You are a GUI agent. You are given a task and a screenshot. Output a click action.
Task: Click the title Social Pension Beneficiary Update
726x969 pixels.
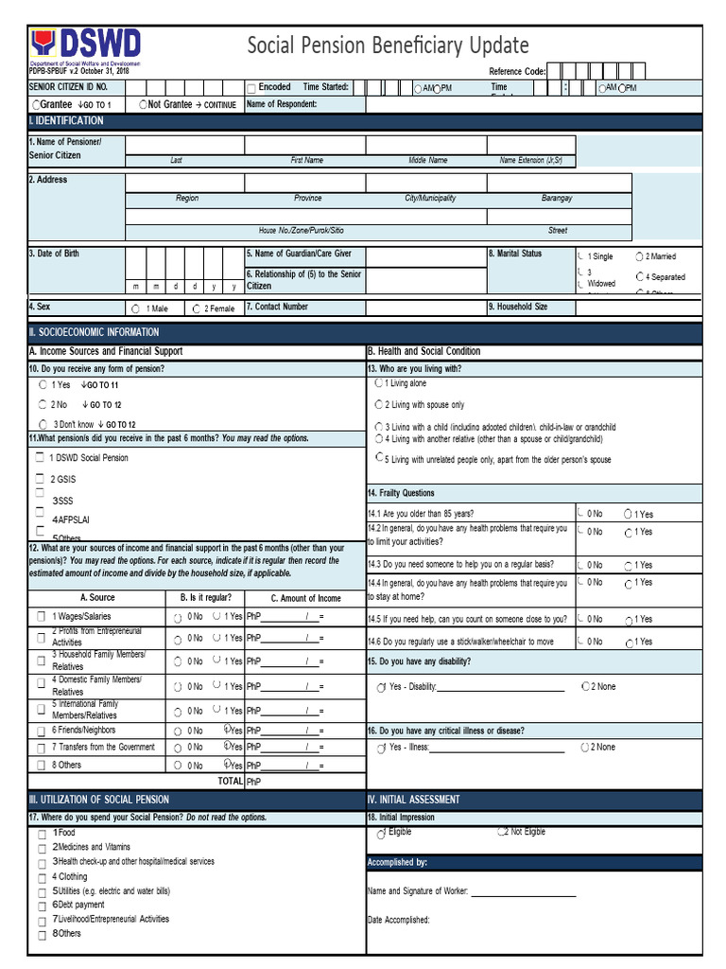pyautogui.click(x=388, y=45)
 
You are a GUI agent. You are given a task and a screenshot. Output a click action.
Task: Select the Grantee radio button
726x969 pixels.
pyautogui.click(x=36, y=104)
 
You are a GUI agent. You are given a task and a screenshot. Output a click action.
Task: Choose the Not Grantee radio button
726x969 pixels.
pyautogui.click(x=143, y=104)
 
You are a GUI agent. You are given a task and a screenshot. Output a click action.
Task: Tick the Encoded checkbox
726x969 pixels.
pyautogui.click(x=251, y=88)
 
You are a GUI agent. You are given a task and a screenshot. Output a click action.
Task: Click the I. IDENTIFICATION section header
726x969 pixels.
pyautogui.click(x=66, y=121)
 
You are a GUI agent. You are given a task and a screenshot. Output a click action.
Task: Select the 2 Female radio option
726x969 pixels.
pyautogui.click(x=196, y=308)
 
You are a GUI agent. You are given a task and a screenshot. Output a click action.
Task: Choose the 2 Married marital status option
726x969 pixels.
pyautogui.click(x=640, y=256)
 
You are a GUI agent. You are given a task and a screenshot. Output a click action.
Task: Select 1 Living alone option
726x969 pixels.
pyautogui.click(x=379, y=383)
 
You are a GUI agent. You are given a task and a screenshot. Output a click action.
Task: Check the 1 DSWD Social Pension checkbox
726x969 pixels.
pyautogui.click(x=40, y=458)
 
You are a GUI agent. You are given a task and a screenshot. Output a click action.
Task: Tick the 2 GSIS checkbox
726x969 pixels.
pyautogui.click(x=40, y=479)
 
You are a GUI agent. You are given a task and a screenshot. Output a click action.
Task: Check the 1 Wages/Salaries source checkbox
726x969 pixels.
pyautogui.click(x=41, y=617)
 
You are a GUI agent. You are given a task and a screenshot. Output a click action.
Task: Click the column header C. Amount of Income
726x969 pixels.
pyautogui.click(x=305, y=598)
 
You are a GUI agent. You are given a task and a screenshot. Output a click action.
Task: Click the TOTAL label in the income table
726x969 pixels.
pyautogui.click(x=230, y=782)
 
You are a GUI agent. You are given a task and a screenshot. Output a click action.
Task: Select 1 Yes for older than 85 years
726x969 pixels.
pyautogui.click(x=629, y=514)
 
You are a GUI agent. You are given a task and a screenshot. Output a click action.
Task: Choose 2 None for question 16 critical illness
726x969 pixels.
pyautogui.click(x=586, y=748)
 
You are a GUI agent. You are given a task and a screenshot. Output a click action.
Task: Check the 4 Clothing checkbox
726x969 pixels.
pyautogui.click(x=41, y=877)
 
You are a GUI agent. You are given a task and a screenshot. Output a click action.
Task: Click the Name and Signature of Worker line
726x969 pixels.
pyautogui.click(x=523, y=891)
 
